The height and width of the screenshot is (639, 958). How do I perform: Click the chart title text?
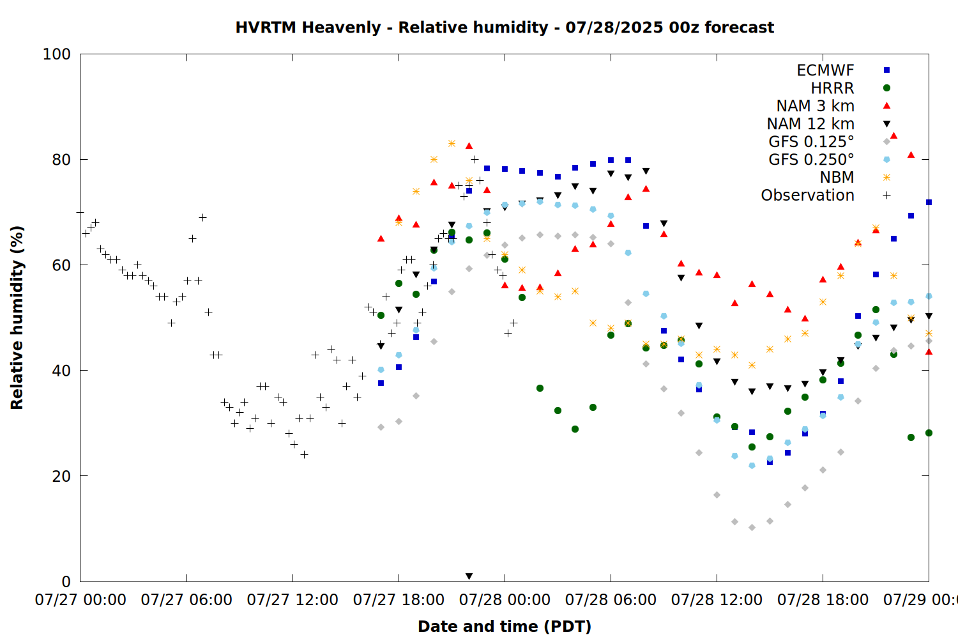click(505, 28)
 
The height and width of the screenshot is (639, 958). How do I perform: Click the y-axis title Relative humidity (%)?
click(17, 318)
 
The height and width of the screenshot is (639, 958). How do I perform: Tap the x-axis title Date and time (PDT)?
click(505, 627)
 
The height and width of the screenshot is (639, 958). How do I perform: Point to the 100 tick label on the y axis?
click(56, 54)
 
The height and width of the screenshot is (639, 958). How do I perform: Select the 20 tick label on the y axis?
click(61, 476)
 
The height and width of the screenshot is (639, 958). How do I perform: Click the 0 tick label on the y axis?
click(66, 581)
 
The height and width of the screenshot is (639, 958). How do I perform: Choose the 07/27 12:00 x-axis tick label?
click(293, 600)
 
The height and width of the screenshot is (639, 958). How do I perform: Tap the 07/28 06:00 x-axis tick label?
click(611, 600)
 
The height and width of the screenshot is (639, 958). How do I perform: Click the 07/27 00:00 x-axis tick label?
click(80, 600)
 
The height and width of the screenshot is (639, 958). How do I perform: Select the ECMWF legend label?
click(825, 70)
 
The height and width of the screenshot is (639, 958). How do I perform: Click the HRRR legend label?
click(832, 88)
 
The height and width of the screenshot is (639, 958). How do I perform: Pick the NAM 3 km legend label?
click(815, 105)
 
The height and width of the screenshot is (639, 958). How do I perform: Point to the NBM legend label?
click(837, 177)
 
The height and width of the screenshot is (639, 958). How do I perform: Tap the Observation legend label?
click(807, 195)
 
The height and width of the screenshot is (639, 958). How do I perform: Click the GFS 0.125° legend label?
click(811, 142)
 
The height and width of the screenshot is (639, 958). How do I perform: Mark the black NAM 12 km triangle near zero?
click(469, 576)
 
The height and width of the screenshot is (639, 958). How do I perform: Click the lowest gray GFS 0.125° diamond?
click(752, 528)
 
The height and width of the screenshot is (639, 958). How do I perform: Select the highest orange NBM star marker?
click(452, 143)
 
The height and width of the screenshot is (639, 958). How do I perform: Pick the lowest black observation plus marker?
click(304, 454)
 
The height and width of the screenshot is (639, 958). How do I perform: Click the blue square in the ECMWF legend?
click(886, 70)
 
